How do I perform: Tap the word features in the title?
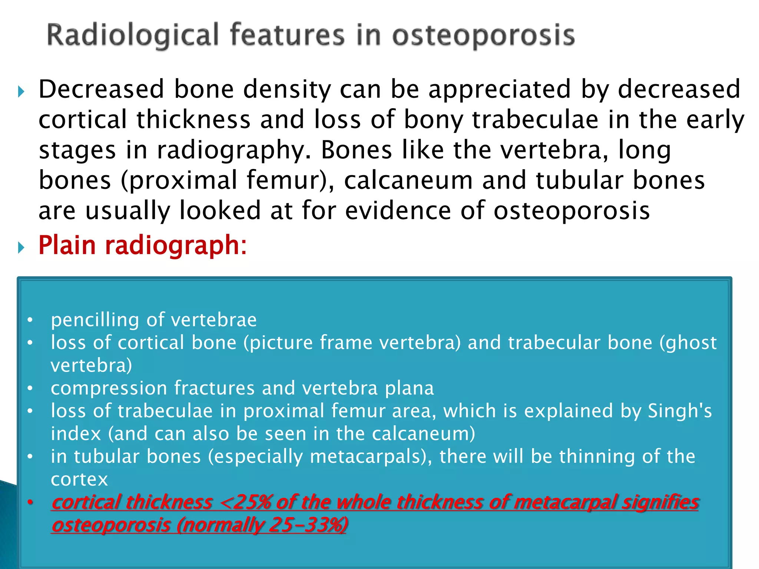(287, 36)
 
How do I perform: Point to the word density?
(287, 89)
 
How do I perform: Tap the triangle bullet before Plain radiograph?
(21, 247)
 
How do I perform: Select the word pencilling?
(95, 320)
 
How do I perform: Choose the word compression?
(109, 388)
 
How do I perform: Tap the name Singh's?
(680, 411)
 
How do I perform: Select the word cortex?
(79, 479)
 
